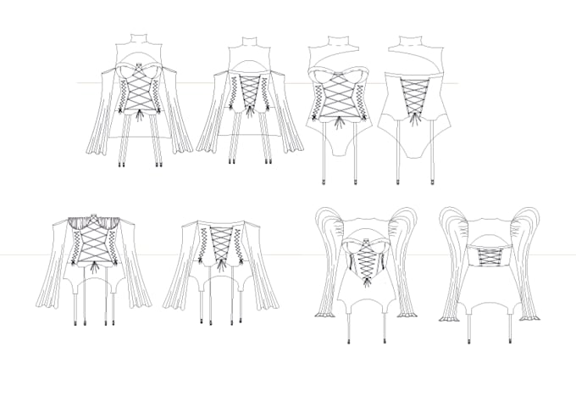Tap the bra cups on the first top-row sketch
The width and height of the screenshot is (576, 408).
pyautogui.click(x=136, y=73)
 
